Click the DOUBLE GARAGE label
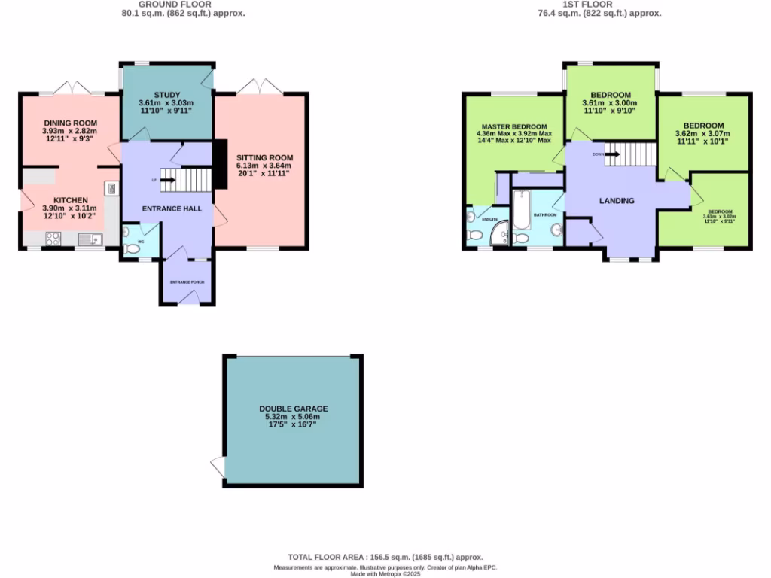point(293,409)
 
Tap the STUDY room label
point(166,94)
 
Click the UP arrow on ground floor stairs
point(167,180)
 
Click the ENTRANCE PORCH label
point(187,282)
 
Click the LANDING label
point(617,201)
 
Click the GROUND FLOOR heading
point(184,4)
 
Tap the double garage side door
point(218,467)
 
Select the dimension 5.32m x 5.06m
point(293,417)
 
